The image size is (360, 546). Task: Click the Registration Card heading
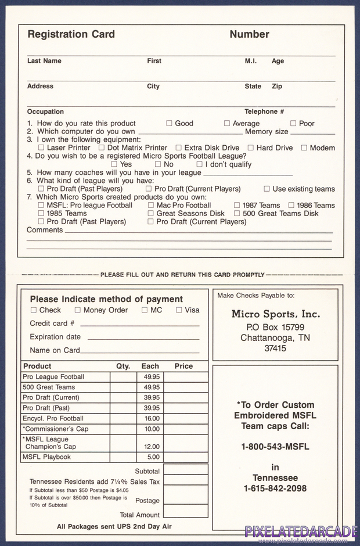[x=71, y=34]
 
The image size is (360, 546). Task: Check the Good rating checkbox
[x=170, y=123]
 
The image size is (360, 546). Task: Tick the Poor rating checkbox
[x=293, y=123]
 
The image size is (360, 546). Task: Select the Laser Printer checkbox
[x=41, y=148]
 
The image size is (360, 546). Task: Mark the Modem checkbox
[x=304, y=148]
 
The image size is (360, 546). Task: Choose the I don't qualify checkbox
[x=199, y=164]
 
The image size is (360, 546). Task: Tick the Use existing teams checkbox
[x=267, y=189]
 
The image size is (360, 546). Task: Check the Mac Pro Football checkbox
[x=150, y=205]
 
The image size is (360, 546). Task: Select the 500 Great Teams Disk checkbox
[x=237, y=213]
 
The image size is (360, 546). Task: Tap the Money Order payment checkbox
[x=78, y=310]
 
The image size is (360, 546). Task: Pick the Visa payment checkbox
[x=179, y=310]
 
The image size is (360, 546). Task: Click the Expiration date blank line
[x=143, y=337]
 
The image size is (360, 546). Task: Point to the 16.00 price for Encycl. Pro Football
[x=152, y=419]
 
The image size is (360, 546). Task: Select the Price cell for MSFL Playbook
[x=185, y=457]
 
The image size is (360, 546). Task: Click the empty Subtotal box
[x=185, y=469]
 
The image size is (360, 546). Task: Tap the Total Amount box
[x=185, y=511]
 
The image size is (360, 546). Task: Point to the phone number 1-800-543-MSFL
[x=275, y=447]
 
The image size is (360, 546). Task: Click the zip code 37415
[x=275, y=349]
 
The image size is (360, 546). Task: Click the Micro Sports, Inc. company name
[x=275, y=314]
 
